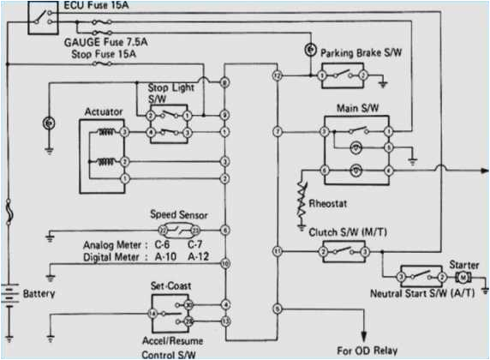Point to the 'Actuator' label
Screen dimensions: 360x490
[104, 112]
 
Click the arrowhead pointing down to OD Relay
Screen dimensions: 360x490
[367, 335]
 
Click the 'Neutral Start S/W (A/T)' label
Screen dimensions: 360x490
[422, 296]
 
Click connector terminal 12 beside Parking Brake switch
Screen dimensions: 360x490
[277, 76]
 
